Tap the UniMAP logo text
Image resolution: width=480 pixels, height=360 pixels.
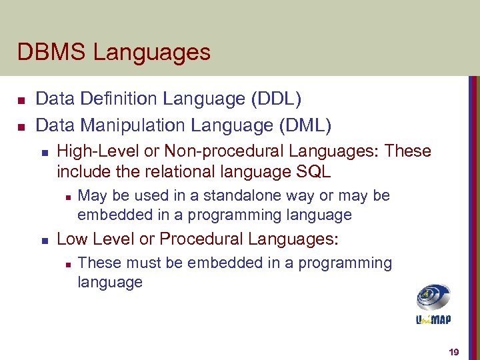[433, 319]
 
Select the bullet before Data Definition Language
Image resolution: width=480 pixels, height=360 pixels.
[21, 100]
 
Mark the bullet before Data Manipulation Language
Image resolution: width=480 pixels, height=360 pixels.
[21, 125]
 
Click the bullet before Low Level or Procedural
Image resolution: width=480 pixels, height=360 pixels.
[43, 239]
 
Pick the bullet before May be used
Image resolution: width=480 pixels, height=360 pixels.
[66, 197]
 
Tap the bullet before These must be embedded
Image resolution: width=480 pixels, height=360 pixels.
[66, 264]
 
